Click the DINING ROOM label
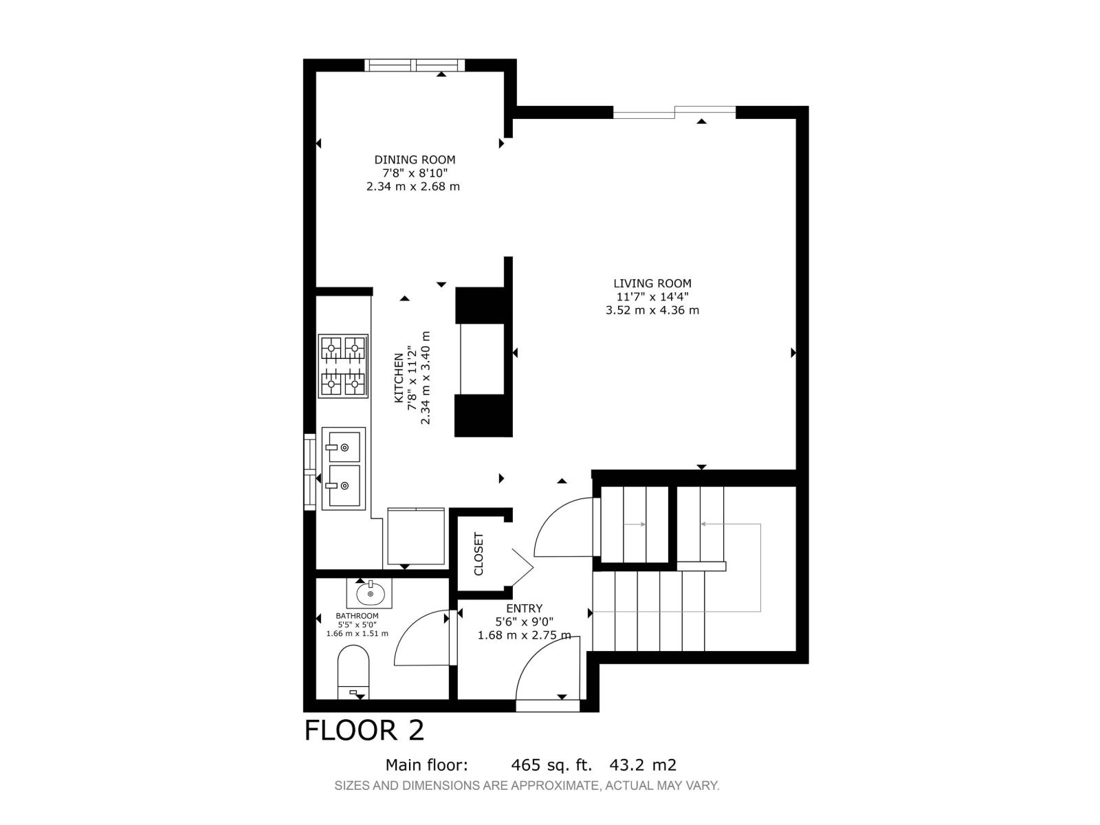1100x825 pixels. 415,159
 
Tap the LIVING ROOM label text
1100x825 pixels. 652,283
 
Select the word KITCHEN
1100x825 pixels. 399,377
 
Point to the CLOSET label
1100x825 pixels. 478,553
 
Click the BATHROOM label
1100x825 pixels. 357,615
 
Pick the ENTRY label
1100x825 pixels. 524,608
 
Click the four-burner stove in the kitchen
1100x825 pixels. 343,366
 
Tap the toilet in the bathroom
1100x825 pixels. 353,672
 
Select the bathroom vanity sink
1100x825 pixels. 370,593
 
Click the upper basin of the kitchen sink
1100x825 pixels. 344,447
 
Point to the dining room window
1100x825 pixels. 415,65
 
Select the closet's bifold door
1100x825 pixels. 522,567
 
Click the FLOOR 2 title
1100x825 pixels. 364,730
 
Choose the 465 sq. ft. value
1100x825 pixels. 551,765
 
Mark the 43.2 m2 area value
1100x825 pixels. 643,765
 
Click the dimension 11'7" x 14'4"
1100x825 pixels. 652,296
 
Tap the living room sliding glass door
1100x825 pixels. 674,112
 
